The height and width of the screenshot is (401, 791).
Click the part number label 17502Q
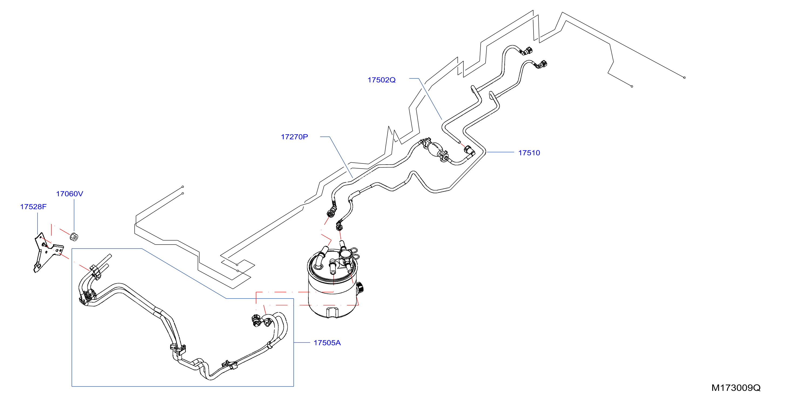coord(381,80)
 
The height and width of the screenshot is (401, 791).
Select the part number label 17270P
coord(294,137)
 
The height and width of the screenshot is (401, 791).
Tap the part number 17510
coord(529,153)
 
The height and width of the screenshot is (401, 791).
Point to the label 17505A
coord(327,343)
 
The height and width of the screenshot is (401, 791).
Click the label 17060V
coord(69,194)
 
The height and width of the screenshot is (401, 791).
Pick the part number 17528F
coord(33,207)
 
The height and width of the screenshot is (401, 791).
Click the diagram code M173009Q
coord(736,388)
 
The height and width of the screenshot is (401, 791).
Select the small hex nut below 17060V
coord(74,237)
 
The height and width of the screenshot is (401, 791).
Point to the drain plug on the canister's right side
coord(360,288)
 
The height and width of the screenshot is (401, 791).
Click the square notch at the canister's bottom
coord(332,312)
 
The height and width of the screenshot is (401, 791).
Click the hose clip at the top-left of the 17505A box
coord(96,272)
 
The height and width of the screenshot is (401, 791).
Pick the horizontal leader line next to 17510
coord(500,152)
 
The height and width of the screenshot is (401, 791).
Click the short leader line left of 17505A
coord(302,342)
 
